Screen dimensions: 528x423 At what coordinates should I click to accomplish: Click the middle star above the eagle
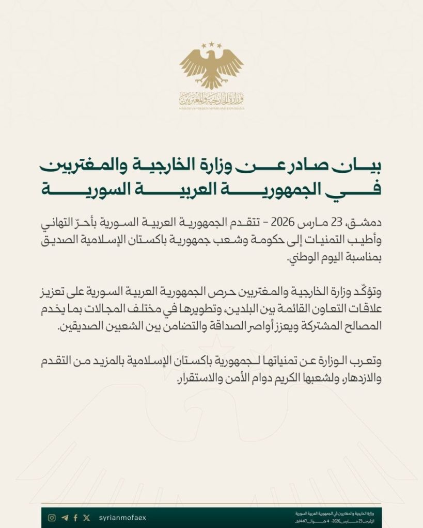tap(212, 45)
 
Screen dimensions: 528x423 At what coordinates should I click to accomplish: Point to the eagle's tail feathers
tap(212, 82)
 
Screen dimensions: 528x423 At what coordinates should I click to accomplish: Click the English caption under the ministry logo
tap(212, 108)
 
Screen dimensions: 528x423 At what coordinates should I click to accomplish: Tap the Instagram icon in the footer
tap(52, 518)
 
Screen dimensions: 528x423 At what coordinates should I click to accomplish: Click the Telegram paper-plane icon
tap(65, 518)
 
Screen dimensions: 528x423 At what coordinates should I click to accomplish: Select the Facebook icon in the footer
tap(75, 518)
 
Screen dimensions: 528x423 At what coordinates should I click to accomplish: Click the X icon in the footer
tap(86, 518)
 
